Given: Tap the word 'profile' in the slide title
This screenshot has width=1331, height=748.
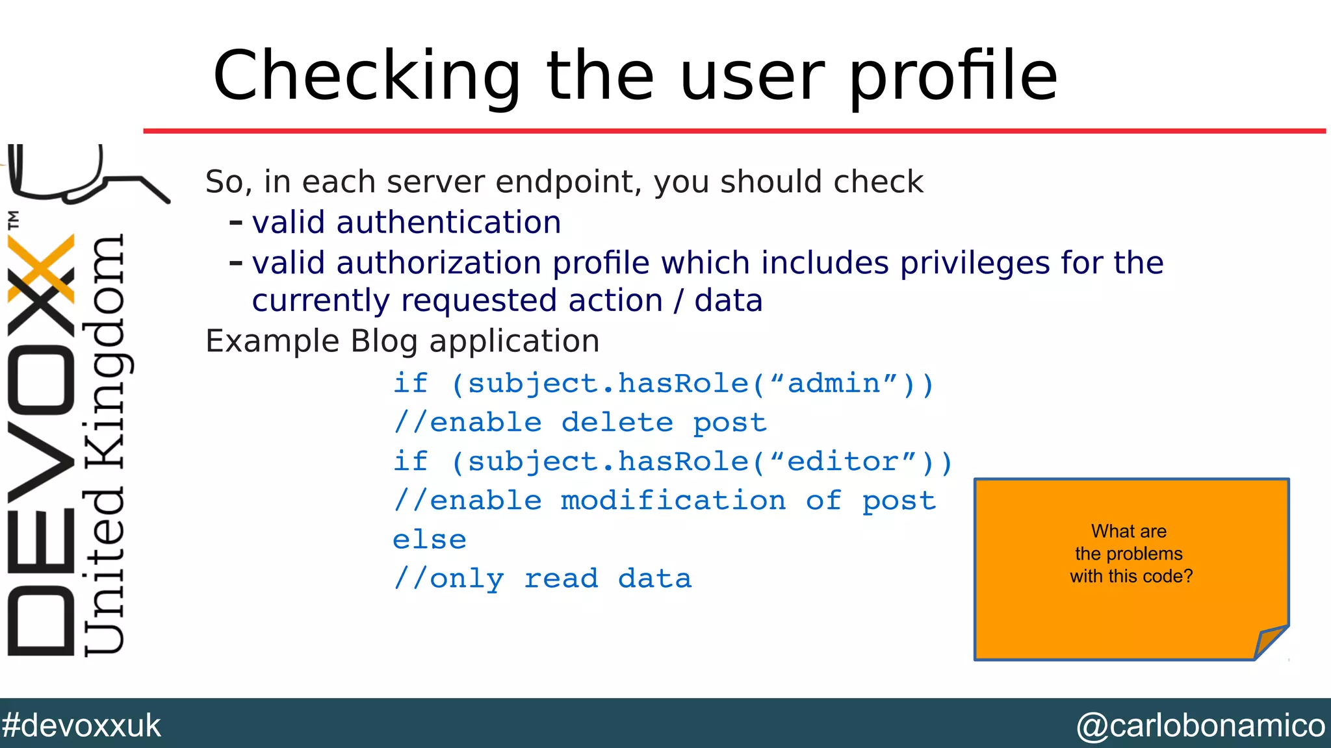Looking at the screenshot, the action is tap(953, 77).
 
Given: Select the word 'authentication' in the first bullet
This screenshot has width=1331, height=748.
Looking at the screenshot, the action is tap(448, 223).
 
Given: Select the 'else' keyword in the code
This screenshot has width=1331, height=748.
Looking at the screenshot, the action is tap(430, 540).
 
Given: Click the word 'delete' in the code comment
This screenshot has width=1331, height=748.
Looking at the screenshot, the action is tap(617, 423).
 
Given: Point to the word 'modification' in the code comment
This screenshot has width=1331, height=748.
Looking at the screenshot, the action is tap(673, 501).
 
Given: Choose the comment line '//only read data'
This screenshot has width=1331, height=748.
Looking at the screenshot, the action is tap(543, 579).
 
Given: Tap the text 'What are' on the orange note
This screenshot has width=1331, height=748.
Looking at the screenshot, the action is tap(1129, 531).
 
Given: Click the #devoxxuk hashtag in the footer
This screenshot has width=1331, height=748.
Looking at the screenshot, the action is tap(81, 725).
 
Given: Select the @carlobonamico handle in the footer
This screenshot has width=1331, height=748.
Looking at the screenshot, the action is tap(1200, 725).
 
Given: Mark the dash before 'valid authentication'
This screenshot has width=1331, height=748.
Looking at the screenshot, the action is tap(236, 223).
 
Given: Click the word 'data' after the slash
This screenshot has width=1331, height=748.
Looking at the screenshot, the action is tap(728, 301).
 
